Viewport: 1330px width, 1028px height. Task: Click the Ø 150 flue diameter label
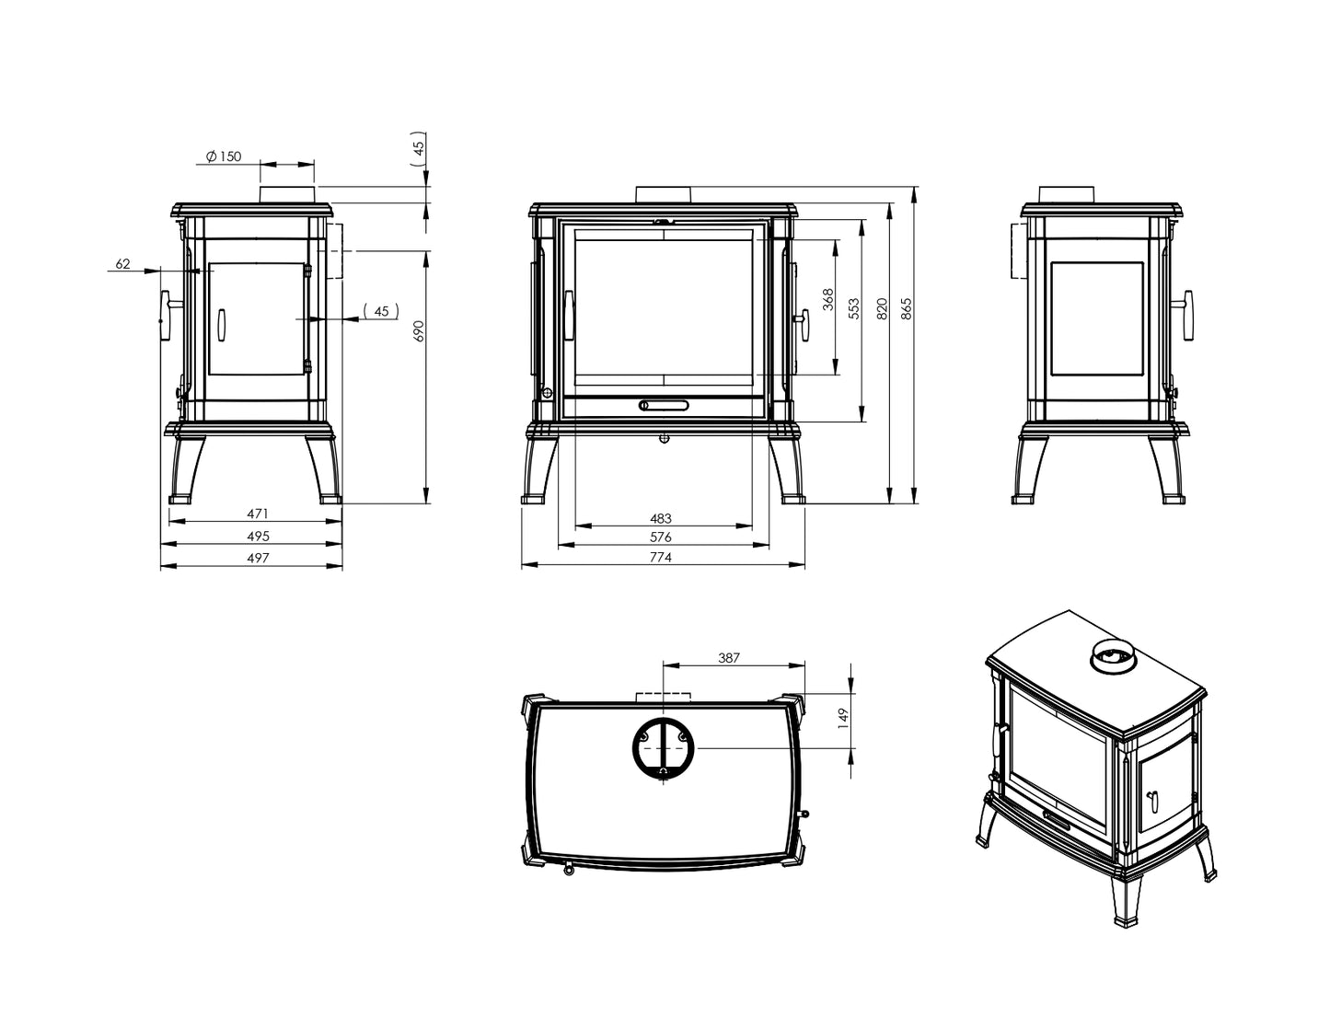(x=224, y=156)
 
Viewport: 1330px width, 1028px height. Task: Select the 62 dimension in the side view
(x=122, y=264)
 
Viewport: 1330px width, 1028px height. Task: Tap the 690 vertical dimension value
(x=419, y=331)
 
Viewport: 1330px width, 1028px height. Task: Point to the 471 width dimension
(x=258, y=514)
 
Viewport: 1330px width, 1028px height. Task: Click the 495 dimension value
(x=258, y=536)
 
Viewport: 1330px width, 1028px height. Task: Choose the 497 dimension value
(x=258, y=558)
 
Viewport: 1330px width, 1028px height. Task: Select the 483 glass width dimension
(x=661, y=519)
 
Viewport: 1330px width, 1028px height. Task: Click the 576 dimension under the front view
(x=661, y=537)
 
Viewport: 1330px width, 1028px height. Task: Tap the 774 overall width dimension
(x=661, y=558)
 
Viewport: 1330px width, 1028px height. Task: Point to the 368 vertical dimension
(x=828, y=299)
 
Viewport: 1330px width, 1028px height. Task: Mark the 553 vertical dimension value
(x=854, y=308)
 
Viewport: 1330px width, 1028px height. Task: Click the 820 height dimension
(x=882, y=308)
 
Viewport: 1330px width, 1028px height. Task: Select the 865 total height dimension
(x=907, y=308)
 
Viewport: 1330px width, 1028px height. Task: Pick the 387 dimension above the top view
(x=728, y=658)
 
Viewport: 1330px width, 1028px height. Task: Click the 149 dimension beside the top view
(x=843, y=718)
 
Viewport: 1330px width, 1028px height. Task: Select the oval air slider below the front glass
(x=664, y=405)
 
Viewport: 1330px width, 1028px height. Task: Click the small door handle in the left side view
(x=221, y=323)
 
